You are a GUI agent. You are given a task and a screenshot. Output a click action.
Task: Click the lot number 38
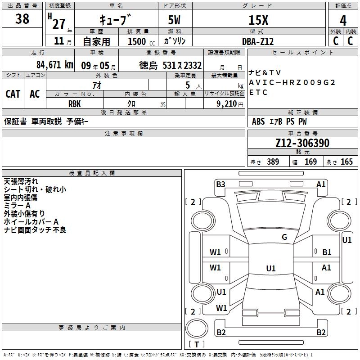pyautogui.click(x=22, y=19)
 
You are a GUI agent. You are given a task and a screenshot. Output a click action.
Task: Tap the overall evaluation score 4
pyautogui.click(x=343, y=20)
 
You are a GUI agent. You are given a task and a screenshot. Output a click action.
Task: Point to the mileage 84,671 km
pyautogui.click(x=54, y=64)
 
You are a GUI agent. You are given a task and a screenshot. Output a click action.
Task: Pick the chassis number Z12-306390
pyautogui.click(x=302, y=143)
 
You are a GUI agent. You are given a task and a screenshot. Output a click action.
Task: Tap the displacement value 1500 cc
pyautogui.click(x=139, y=41)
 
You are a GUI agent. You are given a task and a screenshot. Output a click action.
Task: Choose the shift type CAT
pyautogui.click(x=13, y=94)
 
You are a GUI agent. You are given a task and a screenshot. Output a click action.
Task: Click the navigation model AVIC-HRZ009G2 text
pyautogui.click(x=292, y=82)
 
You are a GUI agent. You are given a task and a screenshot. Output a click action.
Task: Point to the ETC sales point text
pyautogui.click(x=258, y=92)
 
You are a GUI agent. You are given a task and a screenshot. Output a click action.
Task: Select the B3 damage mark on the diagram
pyautogui.click(x=220, y=184)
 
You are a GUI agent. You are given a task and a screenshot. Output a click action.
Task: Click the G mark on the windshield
pyautogui.click(x=284, y=237)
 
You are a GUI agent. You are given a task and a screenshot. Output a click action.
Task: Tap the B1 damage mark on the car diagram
pyautogui.click(x=327, y=252)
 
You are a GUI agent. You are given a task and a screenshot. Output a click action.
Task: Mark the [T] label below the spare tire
pyautogui.click(x=197, y=344)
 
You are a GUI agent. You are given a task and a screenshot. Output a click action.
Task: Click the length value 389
pyautogui.click(x=273, y=162)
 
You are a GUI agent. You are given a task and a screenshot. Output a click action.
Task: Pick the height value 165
pyautogui.click(x=346, y=162)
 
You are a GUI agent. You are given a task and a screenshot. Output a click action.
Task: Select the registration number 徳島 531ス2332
pyautogui.click(x=171, y=65)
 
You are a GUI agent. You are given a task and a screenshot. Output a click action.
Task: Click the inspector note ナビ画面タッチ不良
pyautogui.click(x=35, y=230)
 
